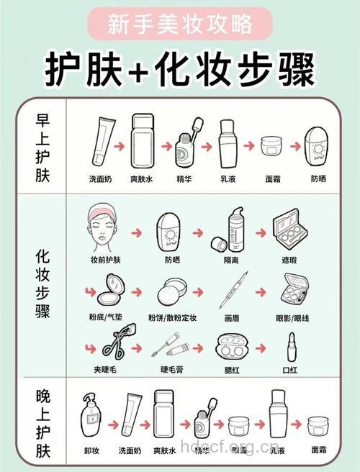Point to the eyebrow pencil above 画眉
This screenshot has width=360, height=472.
[235, 291]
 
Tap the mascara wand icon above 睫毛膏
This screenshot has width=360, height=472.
[171, 350]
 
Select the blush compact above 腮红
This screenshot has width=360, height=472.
[233, 348]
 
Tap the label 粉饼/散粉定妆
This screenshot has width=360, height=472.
[172, 317]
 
